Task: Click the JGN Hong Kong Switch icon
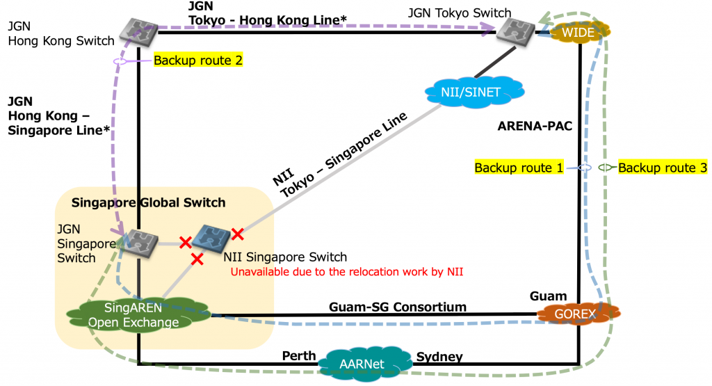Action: point(138,29)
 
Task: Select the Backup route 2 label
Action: point(197,61)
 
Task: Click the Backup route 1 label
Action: point(518,168)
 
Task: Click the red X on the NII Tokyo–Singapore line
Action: point(238,233)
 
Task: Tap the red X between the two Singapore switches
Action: point(185,242)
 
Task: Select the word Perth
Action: point(299,357)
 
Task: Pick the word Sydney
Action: point(439,357)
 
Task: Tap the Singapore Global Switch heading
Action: point(149,202)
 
